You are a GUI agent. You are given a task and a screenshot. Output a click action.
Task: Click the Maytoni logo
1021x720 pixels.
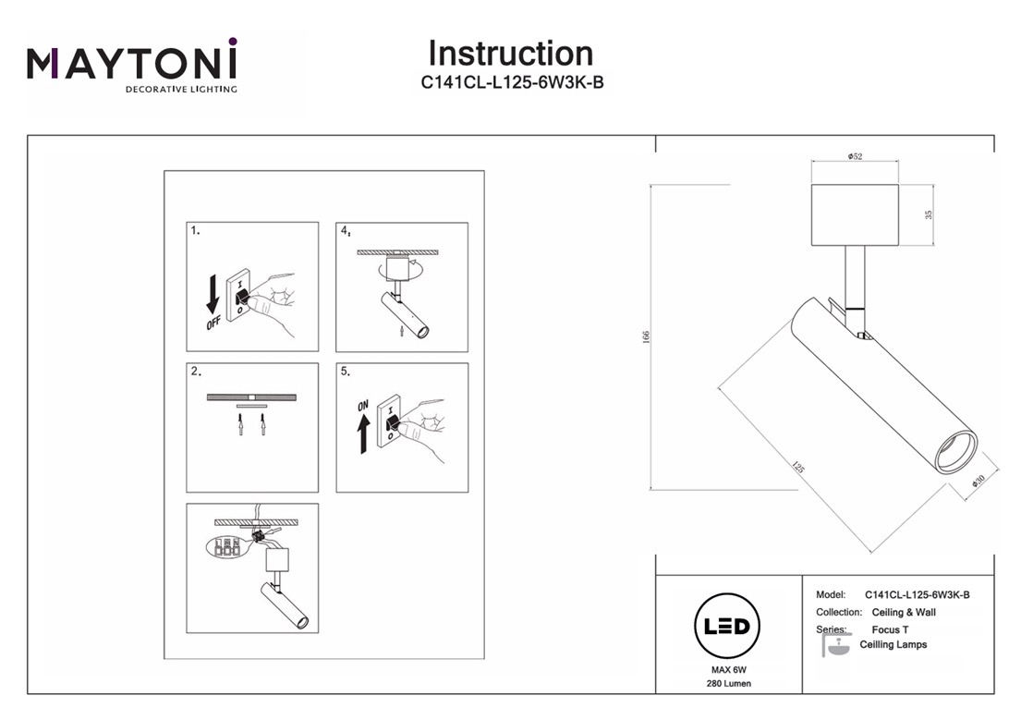click(132, 65)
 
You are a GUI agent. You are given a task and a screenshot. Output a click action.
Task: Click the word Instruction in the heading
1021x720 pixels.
click(510, 54)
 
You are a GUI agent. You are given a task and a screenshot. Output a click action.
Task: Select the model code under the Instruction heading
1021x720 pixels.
click(512, 82)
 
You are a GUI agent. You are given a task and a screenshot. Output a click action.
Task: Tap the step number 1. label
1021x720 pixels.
click(195, 231)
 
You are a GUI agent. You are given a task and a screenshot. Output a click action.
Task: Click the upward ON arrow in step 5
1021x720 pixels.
click(363, 432)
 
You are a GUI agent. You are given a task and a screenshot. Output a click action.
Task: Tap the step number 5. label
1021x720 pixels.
click(345, 372)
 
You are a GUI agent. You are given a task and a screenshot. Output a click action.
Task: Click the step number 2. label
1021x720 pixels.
click(195, 372)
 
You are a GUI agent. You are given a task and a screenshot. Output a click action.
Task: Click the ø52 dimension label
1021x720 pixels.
click(855, 157)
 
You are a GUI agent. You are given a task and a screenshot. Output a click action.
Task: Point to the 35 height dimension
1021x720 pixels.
click(929, 214)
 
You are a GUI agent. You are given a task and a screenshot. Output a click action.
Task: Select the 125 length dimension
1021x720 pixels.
click(797, 467)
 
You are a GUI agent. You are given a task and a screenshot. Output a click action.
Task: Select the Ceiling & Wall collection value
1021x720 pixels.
click(904, 613)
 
